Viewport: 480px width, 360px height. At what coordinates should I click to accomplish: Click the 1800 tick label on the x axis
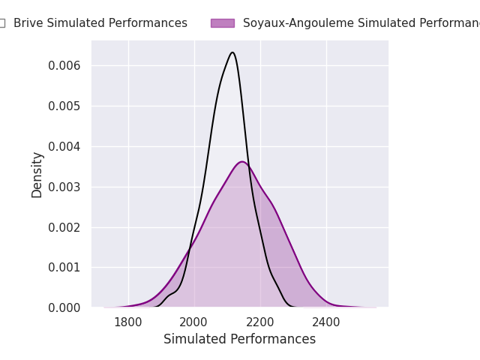pyautogui.click(x=128, y=322)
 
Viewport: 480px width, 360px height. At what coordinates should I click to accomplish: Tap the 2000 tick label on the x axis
pyautogui.click(x=194, y=322)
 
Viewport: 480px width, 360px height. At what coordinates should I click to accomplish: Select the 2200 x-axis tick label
pyautogui.click(x=260, y=322)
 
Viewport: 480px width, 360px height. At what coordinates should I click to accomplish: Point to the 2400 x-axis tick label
pyautogui.click(x=326, y=322)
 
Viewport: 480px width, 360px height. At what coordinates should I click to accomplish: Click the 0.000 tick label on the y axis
pyautogui.click(x=64, y=307)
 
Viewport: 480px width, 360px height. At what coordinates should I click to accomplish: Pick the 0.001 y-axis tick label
pyautogui.click(x=64, y=267)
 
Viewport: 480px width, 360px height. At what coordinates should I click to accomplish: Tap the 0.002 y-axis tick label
pyautogui.click(x=64, y=227)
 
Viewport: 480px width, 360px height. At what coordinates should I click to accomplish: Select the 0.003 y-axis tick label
pyautogui.click(x=64, y=187)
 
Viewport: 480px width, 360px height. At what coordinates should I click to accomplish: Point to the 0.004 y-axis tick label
pyautogui.click(x=64, y=146)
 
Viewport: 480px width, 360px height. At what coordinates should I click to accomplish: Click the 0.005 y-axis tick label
pyautogui.click(x=64, y=106)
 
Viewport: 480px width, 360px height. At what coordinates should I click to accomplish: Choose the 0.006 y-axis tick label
pyautogui.click(x=64, y=66)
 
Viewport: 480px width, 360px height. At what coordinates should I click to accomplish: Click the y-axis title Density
pyautogui.click(x=37, y=175)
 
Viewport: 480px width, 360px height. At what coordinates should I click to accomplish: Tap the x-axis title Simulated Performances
pyautogui.click(x=240, y=340)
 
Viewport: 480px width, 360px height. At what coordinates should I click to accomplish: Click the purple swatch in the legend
pyautogui.click(x=222, y=23)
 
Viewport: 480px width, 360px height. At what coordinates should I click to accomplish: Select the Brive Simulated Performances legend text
pyautogui.click(x=100, y=23)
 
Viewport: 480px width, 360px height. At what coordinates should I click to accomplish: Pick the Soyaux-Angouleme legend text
pyautogui.click(x=360, y=23)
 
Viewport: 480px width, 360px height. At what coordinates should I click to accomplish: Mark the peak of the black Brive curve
pyautogui.click(x=232, y=52)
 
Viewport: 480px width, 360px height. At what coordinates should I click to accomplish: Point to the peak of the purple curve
pyautogui.click(x=241, y=161)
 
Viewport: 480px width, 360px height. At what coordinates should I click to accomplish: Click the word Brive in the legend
pyautogui.click(x=28, y=23)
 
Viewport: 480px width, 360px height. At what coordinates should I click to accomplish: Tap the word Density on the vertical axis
pyautogui.click(x=37, y=175)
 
